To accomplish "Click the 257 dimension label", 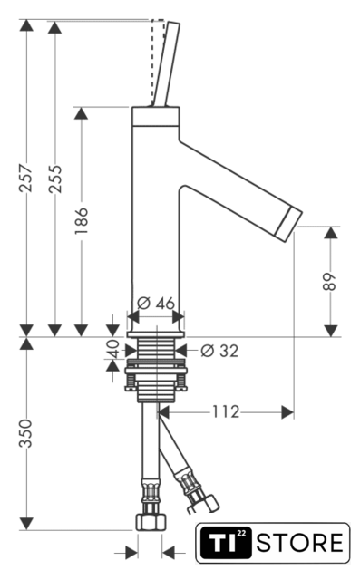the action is point(26,178).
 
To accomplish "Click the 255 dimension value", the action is point(55,179).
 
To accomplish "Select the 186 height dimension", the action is point(82,220).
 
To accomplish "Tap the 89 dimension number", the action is point(329,282).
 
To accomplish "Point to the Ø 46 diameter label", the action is point(156,303).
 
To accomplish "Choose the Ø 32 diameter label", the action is point(219,351).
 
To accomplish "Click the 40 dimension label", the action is point(114,349).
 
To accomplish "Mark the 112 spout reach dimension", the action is point(226,411).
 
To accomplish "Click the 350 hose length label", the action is point(26,433).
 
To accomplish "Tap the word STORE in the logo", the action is point(299,543).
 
